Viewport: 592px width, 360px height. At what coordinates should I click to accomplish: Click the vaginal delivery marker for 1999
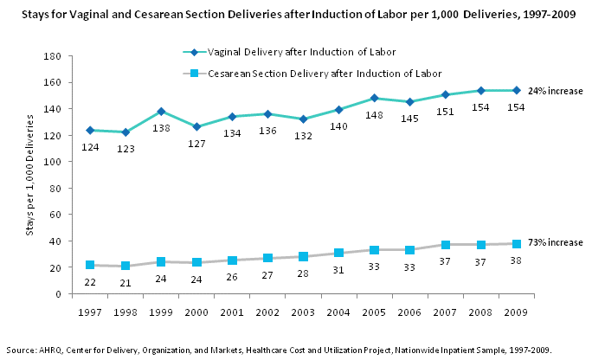pos(161,112)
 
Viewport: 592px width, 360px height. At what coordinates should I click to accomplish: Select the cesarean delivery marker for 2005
pos(374,250)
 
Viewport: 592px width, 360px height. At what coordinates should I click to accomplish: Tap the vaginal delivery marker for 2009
pos(516,90)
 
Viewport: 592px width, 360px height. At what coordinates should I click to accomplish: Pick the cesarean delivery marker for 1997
pos(90,265)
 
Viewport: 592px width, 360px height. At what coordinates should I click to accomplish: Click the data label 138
pos(161,127)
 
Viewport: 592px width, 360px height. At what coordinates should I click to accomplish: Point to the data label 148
pos(374,114)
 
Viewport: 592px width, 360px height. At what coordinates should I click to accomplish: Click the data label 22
pos(90,282)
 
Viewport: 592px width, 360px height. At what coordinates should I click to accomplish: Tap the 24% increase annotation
pos(555,92)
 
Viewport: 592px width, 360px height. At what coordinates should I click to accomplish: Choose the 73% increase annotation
pos(555,242)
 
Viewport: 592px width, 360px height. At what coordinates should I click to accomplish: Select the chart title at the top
pos(296,14)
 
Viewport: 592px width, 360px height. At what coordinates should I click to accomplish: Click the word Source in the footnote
pos(21,350)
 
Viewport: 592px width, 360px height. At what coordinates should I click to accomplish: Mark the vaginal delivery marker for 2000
pos(196,126)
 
